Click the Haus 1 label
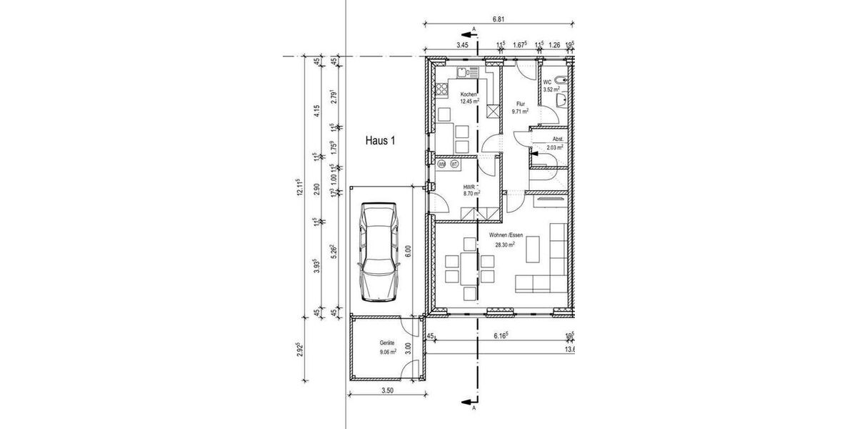point(380,142)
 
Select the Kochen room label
point(468,94)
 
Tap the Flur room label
point(521,104)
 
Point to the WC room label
point(547,83)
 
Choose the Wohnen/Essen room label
point(506,235)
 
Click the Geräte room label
point(387,343)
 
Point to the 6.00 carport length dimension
point(409,251)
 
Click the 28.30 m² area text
point(505,245)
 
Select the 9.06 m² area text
point(387,352)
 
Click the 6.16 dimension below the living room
point(500,334)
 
